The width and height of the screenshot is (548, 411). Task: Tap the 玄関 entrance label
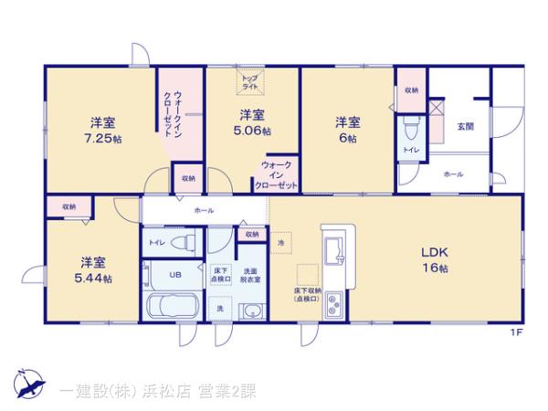[x=464, y=126]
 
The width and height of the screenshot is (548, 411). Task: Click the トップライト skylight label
[x=249, y=81]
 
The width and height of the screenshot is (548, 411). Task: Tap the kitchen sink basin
[x=332, y=249]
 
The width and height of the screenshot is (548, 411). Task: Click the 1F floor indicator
[x=516, y=333]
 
